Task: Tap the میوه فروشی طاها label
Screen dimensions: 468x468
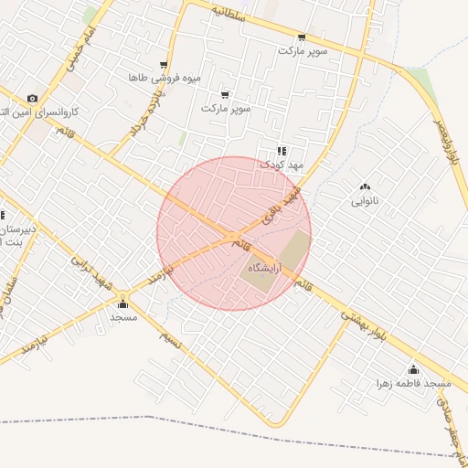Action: [x=164, y=78]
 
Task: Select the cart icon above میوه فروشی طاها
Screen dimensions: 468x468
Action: [x=164, y=65]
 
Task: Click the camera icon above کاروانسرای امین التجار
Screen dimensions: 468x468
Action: [x=33, y=98]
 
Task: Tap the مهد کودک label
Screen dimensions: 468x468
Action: [x=280, y=165]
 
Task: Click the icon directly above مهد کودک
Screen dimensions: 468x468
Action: [x=281, y=151]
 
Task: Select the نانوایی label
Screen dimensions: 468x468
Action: [x=366, y=200]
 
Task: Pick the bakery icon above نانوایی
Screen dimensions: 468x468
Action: [x=366, y=186]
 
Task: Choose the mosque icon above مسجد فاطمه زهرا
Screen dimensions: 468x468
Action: [x=413, y=370]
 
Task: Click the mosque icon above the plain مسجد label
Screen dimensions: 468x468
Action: [x=123, y=303]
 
